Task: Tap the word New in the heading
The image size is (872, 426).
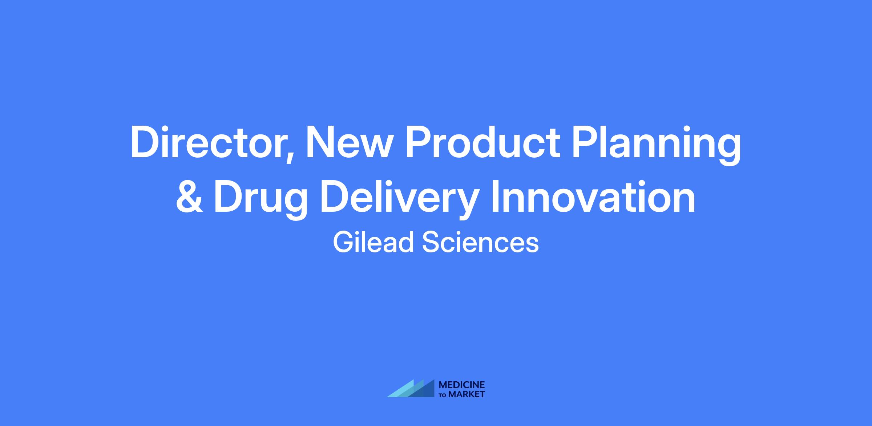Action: pyautogui.click(x=348, y=142)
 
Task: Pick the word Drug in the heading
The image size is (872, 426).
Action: pyautogui.click(x=261, y=200)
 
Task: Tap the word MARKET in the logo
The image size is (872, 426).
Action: pyautogui.click(x=467, y=394)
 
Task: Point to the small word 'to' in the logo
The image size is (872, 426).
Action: pyautogui.click(x=443, y=395)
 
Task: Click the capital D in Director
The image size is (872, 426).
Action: pyautogui.click(x=145, y=142)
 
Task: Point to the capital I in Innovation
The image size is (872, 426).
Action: pyautogui.click(x=495, y=197)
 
